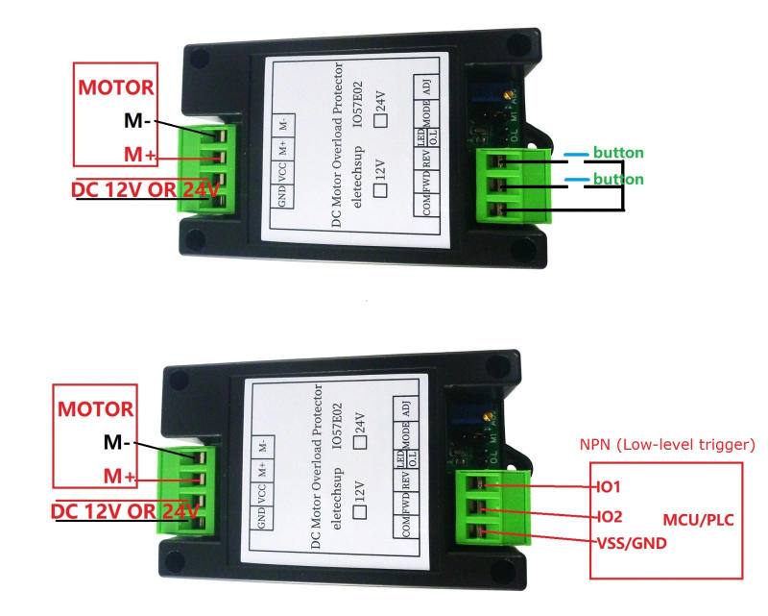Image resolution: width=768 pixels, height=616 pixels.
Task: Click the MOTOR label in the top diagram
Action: [x=115, y=88]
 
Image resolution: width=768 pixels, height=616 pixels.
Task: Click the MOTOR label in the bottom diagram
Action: [x=94, y=408]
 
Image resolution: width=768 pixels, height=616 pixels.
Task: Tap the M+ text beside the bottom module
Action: [x=120, y=478]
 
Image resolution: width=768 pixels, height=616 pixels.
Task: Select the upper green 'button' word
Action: [x=617, y=153]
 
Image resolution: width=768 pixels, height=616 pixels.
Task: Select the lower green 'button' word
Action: [x=617, y=180]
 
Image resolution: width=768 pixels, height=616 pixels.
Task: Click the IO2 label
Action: [x=611, y=516]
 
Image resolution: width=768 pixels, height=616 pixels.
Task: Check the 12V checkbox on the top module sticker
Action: [x=380, y=190]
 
